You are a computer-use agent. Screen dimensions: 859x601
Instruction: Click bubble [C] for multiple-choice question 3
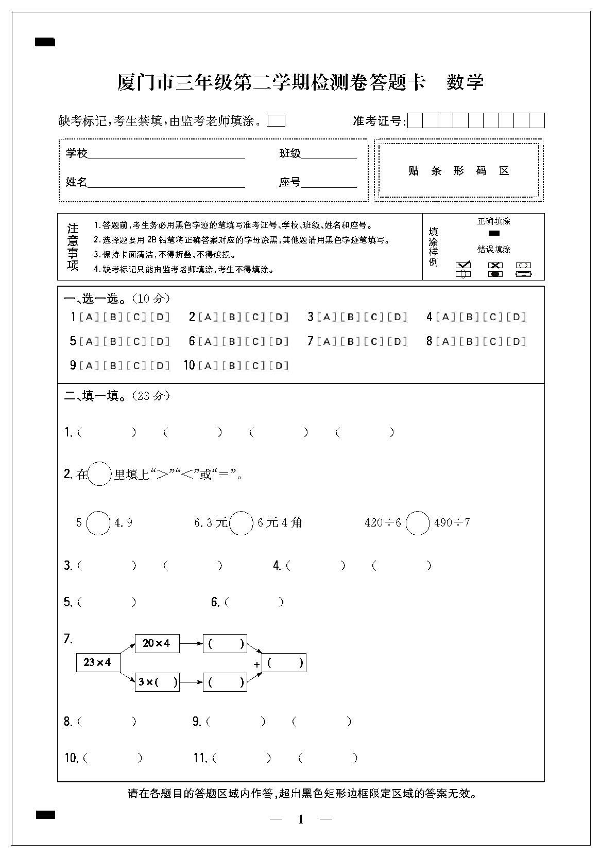coord(374,317)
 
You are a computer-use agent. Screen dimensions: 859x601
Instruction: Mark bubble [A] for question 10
coord(208,366)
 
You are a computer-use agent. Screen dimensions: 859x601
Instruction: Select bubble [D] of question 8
coord(516,341)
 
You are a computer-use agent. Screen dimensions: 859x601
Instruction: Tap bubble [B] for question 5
coord(112,341)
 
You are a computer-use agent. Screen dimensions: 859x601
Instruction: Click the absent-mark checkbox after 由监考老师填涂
coord(277,121)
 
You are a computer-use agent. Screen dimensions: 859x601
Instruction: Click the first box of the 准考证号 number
coord(415,121)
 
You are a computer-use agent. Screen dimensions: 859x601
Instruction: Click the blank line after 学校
coord(166,154)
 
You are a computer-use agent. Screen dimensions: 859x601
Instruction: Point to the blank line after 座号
coord(329,183)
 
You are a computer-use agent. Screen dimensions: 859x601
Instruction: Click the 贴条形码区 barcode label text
coord(458,171)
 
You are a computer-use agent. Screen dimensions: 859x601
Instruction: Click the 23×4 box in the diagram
coord(98,662)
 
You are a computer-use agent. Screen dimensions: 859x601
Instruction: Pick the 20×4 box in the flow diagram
coord(157,643)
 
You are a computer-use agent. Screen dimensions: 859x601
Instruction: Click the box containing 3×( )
coord(157,682)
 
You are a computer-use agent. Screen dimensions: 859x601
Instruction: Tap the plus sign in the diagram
coord(256,664)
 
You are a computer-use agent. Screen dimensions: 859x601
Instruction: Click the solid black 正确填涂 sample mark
coord(493,233)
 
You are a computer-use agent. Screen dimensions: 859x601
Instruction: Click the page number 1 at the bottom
coord(301,819)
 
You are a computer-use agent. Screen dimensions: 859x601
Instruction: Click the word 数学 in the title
coord(465,82)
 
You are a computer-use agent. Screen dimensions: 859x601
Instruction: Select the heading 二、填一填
coord(95,396)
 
